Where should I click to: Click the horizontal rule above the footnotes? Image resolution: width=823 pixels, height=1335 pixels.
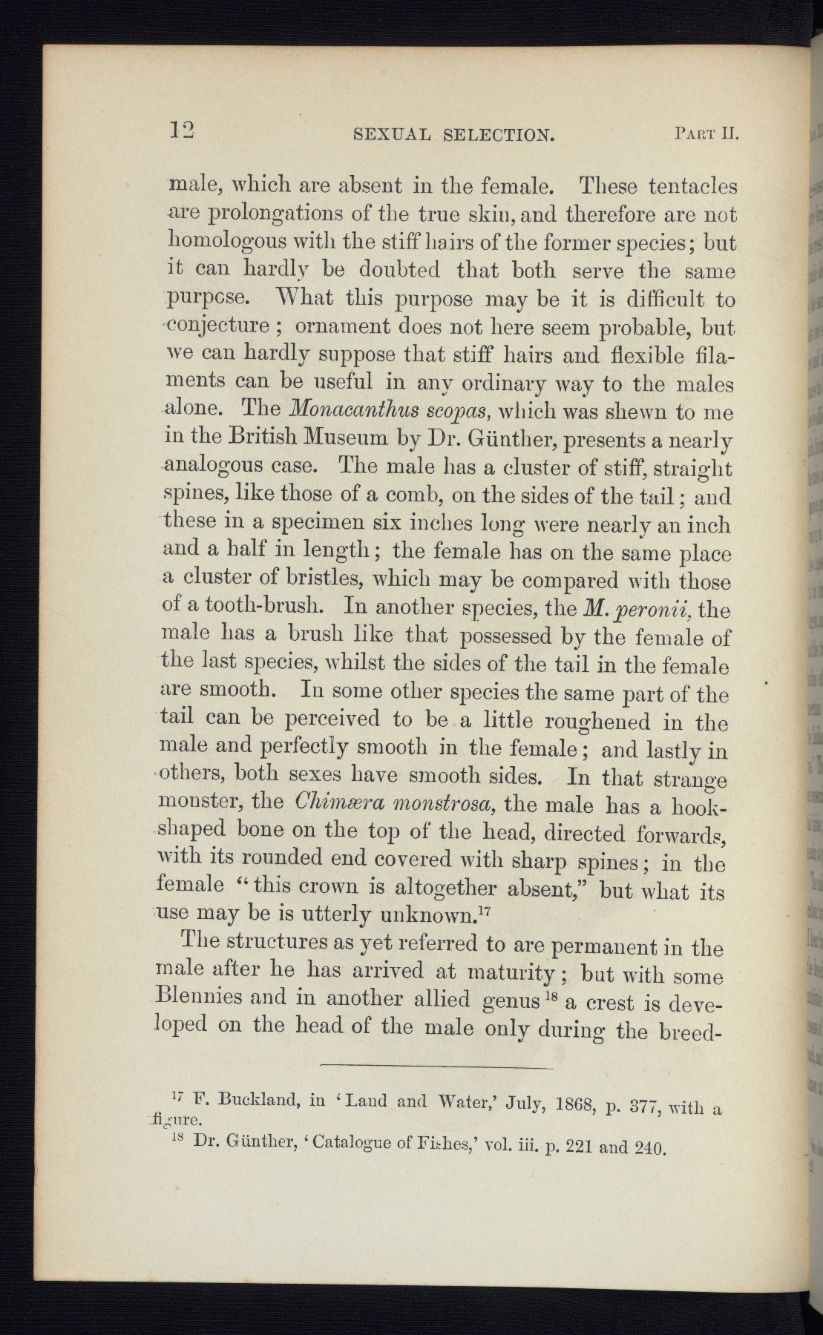pyautogui.click(x=437, y=1067)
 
